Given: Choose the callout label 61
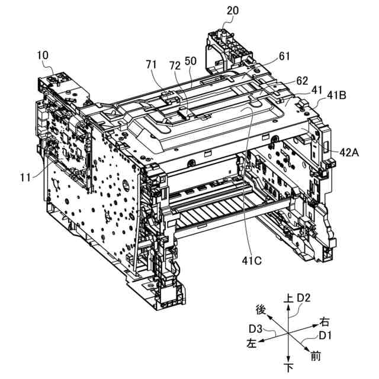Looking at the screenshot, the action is (x=284, y=56).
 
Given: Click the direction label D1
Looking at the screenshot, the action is (x=326, y=336).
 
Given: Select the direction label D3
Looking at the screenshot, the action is (x=256, y=328).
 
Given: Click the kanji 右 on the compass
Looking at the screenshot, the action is (x=325, y=322).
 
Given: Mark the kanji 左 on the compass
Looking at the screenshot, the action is (x=252, y=343).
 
